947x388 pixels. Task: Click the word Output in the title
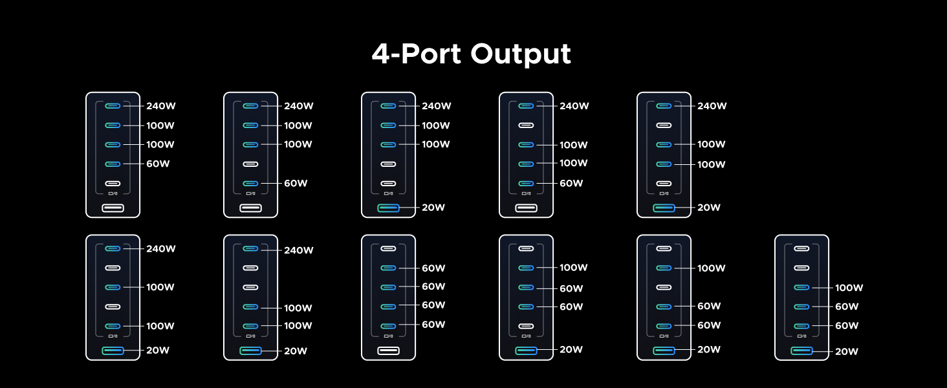[x=521, y=54]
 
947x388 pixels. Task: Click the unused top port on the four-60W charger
[x=388, y=248]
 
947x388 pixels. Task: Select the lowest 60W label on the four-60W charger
[x=433, y=325]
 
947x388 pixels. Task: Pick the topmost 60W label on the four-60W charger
[x=433, y=268]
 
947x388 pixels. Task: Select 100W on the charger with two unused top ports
[x=849, y=288]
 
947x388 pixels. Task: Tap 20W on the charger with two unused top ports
[x=846, y=352]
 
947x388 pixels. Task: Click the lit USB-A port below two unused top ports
[x=801, y=350]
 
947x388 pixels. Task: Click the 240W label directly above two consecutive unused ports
[x=299, y=250]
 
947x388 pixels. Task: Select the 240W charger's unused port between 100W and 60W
[x=250, y=164]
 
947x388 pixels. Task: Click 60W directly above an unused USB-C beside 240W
[x=158, y=164]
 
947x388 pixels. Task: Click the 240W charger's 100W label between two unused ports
[x=160, y=287]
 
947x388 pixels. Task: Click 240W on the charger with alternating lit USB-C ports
[x=160, y=248]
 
